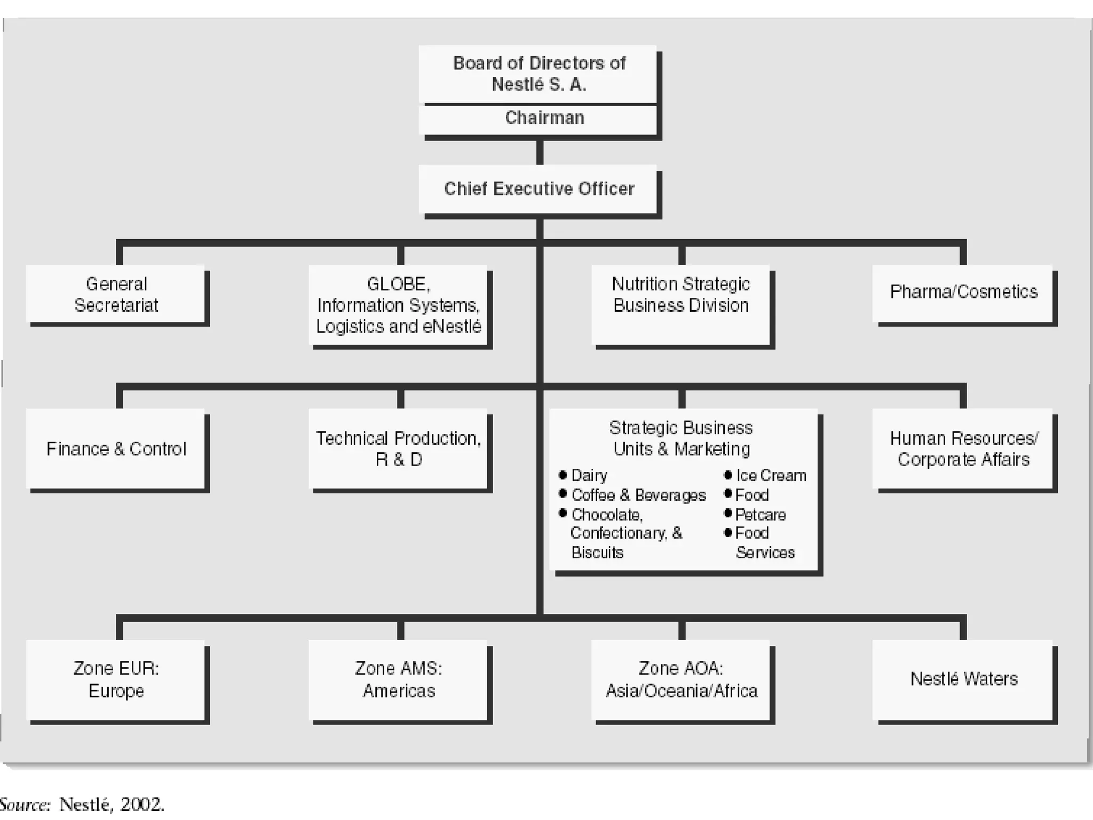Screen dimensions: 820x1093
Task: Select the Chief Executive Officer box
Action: [x=539, y=189]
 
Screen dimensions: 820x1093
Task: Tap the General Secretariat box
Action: [x=116, y=295]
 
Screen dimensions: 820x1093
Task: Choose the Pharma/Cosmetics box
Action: [x=963, y=293]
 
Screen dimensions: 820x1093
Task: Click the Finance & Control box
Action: [x=116, y=450]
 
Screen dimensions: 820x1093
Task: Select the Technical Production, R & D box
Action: [x=398, y=450]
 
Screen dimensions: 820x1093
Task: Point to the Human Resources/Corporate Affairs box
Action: [x=963, y=450]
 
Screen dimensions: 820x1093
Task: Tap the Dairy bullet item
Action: [x=589, y=476]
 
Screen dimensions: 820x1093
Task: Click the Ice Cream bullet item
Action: [x=771, y=476]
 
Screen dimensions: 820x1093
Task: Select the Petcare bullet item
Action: [x=760, y=515]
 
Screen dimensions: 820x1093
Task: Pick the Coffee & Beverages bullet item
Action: [x=638, y=495]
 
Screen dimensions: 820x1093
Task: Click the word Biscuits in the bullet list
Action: [x=597, y=553]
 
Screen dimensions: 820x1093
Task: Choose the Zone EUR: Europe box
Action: [x=116, y=680]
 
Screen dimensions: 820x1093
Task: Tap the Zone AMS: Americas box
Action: [x=398, y=680]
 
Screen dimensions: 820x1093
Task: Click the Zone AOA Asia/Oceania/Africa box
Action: [x=681, y=680]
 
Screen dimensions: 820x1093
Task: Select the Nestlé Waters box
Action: [x=963, y=679]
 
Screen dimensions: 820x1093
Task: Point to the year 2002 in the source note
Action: [x=141, y=805]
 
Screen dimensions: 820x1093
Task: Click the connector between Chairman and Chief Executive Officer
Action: [x=540, y=153]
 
